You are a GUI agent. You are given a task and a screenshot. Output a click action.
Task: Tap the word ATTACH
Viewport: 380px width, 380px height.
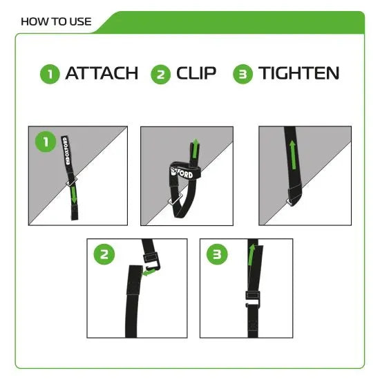pyautogui.click(x=102, y=73)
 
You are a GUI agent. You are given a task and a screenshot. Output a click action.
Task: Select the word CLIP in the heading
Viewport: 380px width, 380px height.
pyautogui.click(x=196, y=73)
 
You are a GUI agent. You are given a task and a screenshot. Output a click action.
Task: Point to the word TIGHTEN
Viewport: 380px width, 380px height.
pyautogui.click(x=299, y=73)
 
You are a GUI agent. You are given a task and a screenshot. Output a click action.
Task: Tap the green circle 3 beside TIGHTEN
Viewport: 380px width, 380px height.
pyautogui.click(x=243, y=74)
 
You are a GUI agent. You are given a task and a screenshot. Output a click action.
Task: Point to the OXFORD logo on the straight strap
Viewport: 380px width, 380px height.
pyautogui.click(x=70, y=154)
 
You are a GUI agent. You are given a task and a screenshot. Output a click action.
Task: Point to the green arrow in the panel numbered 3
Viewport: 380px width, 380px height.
pyautogui.click(x=251, y=256)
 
